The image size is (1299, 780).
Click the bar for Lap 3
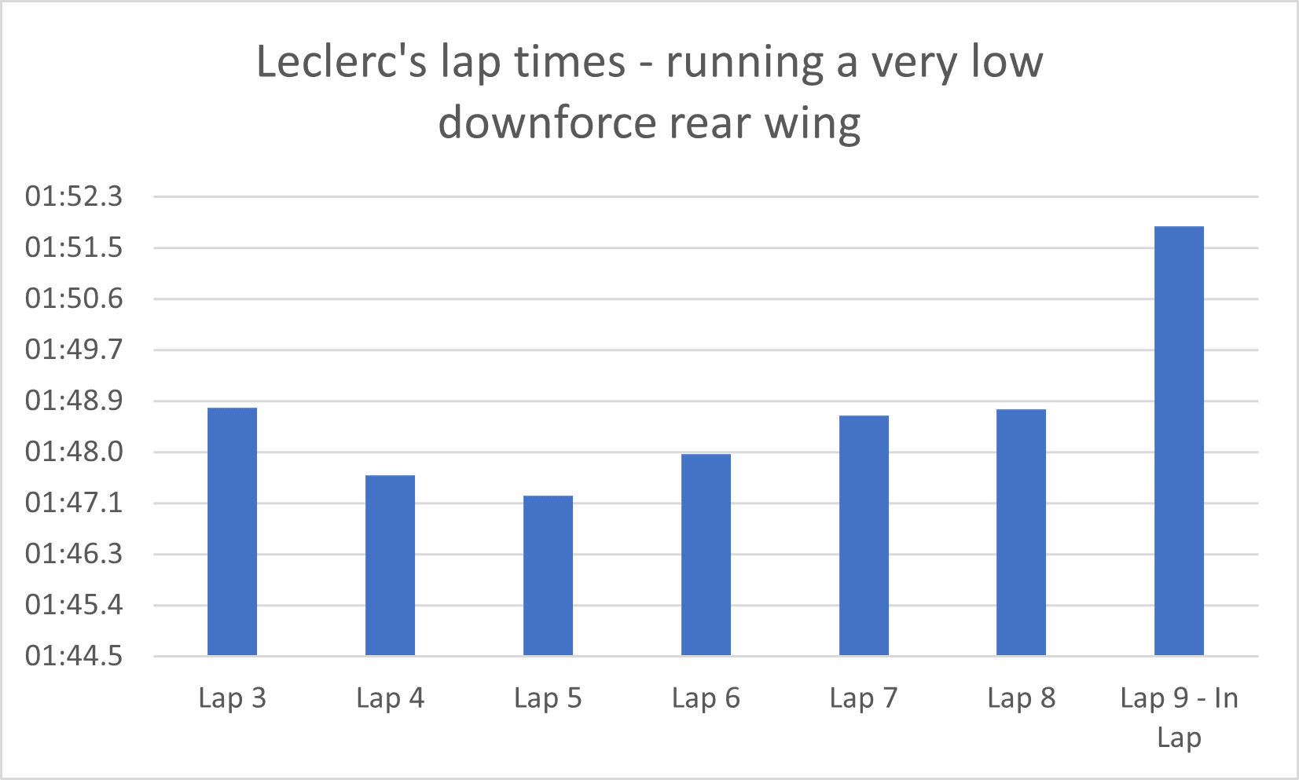pyautogui.click(x=232, y=531)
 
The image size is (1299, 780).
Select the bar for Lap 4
pyautogui.click(x=390, y=565)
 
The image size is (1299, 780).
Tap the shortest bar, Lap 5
pyautogui.click(x=548, y=575)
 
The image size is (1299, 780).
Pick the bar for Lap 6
pyautogui.click(x=706, y=554)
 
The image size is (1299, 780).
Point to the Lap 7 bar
pyautogui.click(x=864, y=535)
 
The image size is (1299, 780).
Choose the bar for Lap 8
pyautogui.click(x=1021, y=532)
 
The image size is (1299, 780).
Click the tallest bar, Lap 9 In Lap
pyautogui.click(x=1179, y=440)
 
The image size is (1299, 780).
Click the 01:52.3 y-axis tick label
pyautogui.click(x=74, y=196)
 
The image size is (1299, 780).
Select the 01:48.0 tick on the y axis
pyautogui.click(x=74, y=452)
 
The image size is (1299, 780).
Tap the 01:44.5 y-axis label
pyautogui.click(x=74, y=656)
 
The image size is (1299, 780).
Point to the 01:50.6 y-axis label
pyautogui.click(x=74, y=298)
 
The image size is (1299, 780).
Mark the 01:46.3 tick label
pyautogui.click(x=74, y=554)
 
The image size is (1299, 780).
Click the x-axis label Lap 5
pyautogui.click(x=548, y=698)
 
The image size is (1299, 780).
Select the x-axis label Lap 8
pyautogui.click(x=1021, y=698)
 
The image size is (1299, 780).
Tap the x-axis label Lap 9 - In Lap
pyautogui.click(x=1179, y=717)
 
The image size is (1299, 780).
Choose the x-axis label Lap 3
pyautogui.click(x=232, y=698)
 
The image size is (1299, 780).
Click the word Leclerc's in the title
pyautogui.click(x=342, y=62)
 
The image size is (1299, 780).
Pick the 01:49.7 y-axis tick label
pyautogui.click(x=74, y=350)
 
